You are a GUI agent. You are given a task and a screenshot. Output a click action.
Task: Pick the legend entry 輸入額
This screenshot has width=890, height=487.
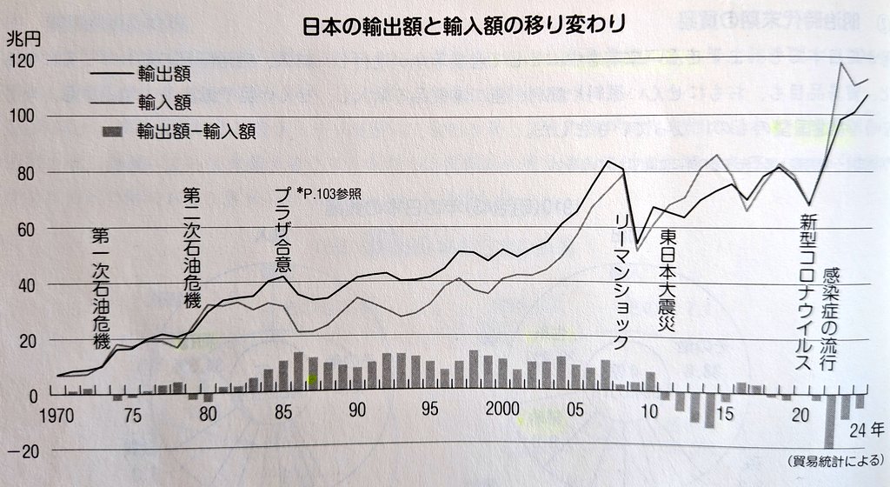[163, 103]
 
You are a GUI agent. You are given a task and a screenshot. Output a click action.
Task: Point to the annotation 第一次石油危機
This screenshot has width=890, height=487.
[102, 288]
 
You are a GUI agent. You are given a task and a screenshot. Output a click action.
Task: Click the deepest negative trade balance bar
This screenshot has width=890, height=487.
[829, 422]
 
